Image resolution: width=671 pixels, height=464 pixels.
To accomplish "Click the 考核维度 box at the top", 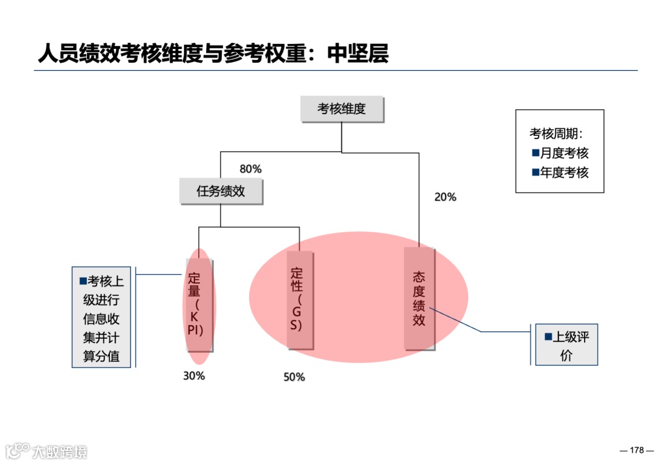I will point(342,109).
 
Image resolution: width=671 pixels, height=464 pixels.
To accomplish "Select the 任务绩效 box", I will point(221,191).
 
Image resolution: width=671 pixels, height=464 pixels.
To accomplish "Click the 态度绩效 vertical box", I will point(419,298).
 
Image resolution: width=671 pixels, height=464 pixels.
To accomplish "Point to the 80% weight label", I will point(250,169).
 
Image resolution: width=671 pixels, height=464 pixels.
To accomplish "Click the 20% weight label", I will point(445,197).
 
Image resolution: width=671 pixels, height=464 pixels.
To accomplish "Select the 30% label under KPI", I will point(194,375).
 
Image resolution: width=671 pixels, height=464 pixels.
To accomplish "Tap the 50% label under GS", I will point(294,377).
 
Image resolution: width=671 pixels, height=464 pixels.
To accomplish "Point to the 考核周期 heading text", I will point(556,133).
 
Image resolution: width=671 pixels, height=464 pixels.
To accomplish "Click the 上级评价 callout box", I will point(567,345).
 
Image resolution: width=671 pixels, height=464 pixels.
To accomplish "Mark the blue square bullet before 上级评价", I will point(548,337).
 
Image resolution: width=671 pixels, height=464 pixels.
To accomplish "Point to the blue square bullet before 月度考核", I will point(536,153).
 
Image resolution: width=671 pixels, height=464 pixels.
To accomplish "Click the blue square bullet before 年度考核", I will point(536,172).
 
